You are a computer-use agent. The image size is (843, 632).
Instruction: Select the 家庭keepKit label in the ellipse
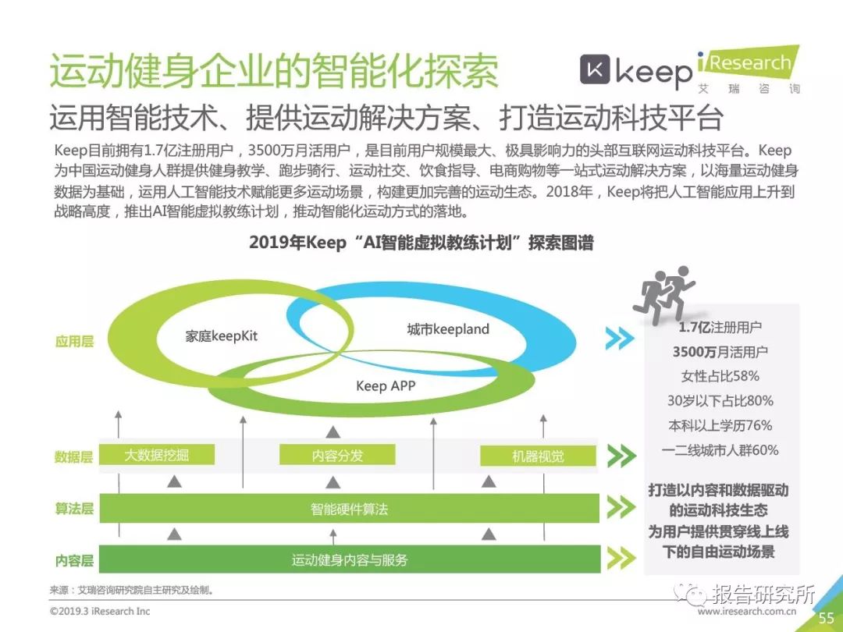click(221, 336)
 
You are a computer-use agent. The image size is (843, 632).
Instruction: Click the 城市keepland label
click(448, 329)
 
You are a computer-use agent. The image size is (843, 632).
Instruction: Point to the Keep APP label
click(386, 385)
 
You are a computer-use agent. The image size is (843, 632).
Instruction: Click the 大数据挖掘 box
click(157, 456)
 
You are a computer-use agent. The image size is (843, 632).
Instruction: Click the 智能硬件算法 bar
click(349, 510)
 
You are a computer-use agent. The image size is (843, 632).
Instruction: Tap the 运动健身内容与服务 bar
click(349, 559)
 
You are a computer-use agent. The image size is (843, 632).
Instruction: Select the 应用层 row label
click(74, 341)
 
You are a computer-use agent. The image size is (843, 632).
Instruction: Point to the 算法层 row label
click(74, 509)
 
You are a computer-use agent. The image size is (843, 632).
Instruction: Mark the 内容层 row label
click(74, 560)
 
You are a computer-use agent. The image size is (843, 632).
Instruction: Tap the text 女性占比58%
click(720, 376)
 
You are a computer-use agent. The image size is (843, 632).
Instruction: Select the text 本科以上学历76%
click(720, 425)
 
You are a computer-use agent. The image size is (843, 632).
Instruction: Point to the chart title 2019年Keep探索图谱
click(421, 243)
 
